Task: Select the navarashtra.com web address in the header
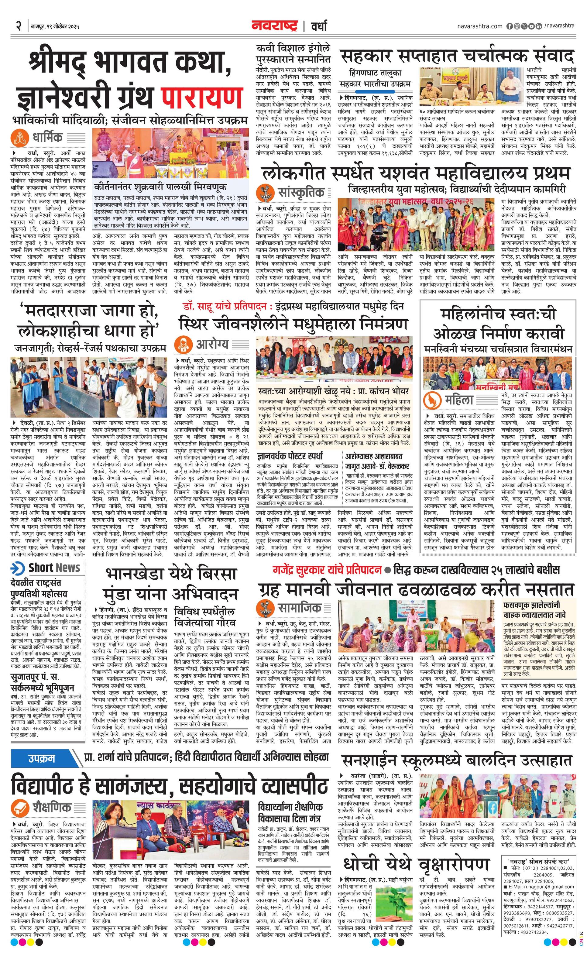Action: click(x=479, y=26)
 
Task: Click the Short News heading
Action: click(x=54, y=568)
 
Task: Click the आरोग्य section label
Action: click(x=212, y=344)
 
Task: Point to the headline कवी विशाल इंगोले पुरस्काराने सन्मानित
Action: click(x=293, y=53)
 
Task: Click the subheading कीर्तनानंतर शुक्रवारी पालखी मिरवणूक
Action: click(x=160, y=187)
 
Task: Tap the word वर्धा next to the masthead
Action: click(x=319, y=26)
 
